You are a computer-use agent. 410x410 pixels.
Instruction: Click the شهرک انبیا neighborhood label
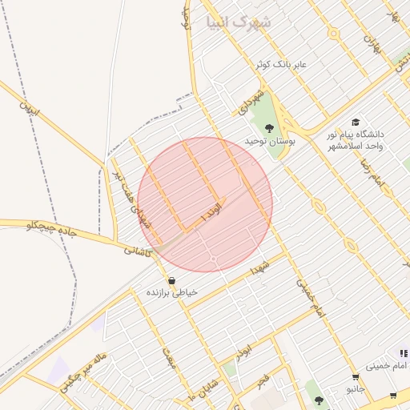(238, 22)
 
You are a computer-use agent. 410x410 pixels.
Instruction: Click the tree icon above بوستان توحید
(269, 127)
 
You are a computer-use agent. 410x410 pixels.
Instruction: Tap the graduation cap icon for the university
(355, 122)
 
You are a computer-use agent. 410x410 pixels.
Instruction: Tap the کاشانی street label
(138, 250)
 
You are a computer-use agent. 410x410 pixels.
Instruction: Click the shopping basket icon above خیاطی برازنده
(171, 280)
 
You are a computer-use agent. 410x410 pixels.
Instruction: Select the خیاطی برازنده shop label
(171, 293)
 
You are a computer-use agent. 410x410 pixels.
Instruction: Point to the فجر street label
(263, 380)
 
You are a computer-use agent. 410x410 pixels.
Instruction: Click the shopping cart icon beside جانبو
(355, 376)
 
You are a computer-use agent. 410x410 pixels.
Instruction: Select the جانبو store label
(355, 389)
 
